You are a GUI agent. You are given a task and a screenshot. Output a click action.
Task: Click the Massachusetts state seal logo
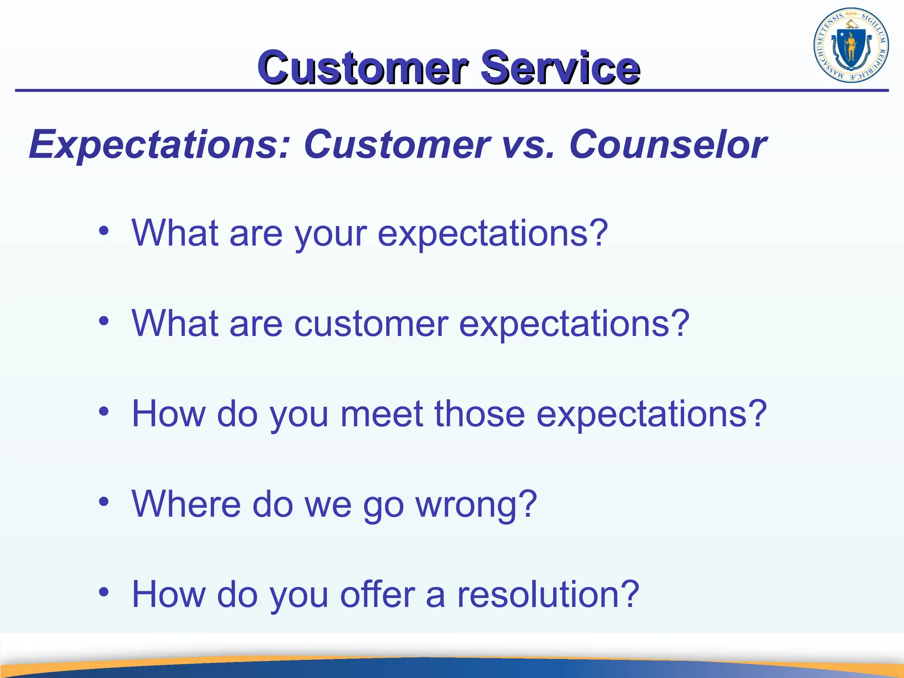tap(851, 46)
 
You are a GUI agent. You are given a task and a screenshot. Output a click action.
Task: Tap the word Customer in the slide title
tap(363, 67)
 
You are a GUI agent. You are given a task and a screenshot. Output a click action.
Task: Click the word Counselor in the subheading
tap(668, 145)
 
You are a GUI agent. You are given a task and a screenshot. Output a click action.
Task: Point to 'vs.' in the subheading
tap(528, 145)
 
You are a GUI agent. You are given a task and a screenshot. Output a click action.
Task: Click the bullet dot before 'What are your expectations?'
tap(104, 231)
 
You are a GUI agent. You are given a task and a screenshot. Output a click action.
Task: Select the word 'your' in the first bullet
tap(330, 234)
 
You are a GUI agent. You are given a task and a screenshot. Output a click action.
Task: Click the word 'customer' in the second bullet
tap(371, 324)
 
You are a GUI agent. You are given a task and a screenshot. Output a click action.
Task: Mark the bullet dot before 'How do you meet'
tap(104, 411)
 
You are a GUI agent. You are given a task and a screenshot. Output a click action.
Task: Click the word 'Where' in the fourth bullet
tap(186, 504)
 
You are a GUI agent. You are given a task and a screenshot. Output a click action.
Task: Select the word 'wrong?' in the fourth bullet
tap(476, 505)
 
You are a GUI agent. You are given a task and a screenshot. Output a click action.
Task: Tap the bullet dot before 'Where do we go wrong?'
tap(104, 501)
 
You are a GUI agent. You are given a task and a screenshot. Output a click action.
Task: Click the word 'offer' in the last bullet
tap(377, 594)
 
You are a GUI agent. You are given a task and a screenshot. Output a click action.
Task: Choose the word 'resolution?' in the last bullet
tap(548, 594)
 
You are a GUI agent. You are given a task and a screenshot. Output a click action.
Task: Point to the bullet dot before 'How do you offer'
tap(104, 592)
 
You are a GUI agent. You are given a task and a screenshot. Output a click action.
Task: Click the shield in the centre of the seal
tap(850, 48)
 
